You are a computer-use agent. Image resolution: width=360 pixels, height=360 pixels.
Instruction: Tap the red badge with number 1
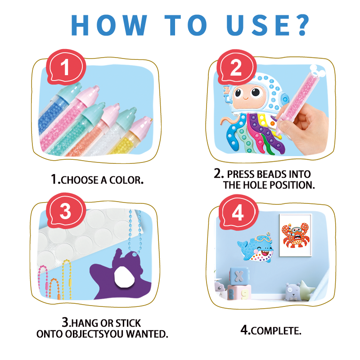coord(66,67)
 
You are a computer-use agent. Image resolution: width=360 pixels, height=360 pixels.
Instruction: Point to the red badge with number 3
coord(66,211)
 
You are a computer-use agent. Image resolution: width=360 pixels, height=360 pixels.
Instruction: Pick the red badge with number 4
coord(238,212)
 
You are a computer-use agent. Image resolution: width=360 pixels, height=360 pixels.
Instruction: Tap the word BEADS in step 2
coord(268,174)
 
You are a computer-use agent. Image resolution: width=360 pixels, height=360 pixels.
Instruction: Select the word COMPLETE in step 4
coord(275,331)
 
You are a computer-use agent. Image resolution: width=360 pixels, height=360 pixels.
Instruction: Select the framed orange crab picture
coord(295,235)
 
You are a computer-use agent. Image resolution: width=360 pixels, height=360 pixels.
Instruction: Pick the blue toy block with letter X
coord(239,276)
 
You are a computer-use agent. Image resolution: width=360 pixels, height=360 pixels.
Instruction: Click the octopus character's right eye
coord(256,92)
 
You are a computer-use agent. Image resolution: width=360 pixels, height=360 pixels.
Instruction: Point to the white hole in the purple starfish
coord(124,277)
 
